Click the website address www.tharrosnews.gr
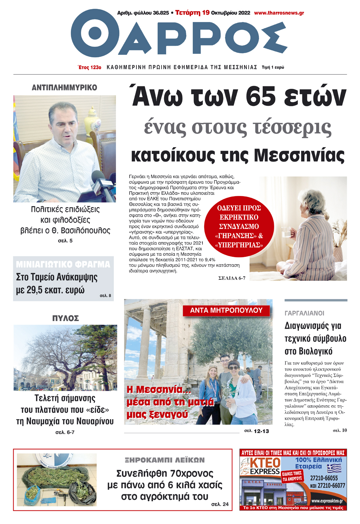(279, 13)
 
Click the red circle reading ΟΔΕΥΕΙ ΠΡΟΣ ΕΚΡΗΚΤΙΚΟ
(239, 226)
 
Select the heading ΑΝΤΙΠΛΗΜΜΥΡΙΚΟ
(65, 88)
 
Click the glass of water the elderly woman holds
(286, 233)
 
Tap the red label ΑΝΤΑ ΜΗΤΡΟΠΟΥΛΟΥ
(226, 311)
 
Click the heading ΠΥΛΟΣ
(66, 318)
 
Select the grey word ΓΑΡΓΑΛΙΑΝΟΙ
(304, 313)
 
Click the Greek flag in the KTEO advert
(334, 468)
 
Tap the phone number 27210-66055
(324, 478)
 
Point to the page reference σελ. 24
(220, 504)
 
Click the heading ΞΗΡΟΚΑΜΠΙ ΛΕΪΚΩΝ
(165, 460)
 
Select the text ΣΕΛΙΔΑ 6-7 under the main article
(232, 278)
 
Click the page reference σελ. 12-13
(256, 431)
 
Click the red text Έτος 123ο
(89, 67)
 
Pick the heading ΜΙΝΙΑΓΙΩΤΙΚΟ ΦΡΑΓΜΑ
(63, 264)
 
